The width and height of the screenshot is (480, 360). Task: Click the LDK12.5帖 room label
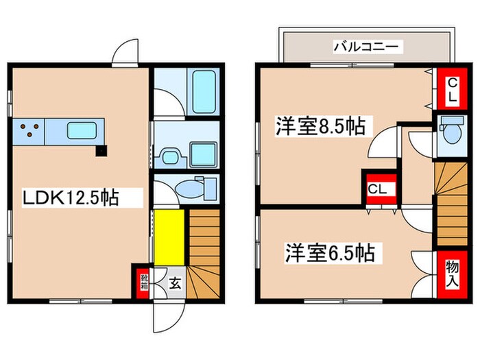72,199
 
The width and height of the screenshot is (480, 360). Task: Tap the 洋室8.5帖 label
320,127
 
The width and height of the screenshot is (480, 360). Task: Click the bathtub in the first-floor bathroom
204,92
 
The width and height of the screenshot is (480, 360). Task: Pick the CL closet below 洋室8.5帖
376,188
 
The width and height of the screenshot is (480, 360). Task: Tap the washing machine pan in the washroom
203,154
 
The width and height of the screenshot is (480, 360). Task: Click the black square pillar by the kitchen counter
101,150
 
